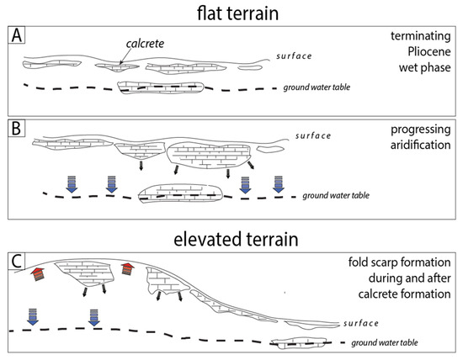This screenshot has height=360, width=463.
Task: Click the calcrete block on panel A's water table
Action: click(162, 88)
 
